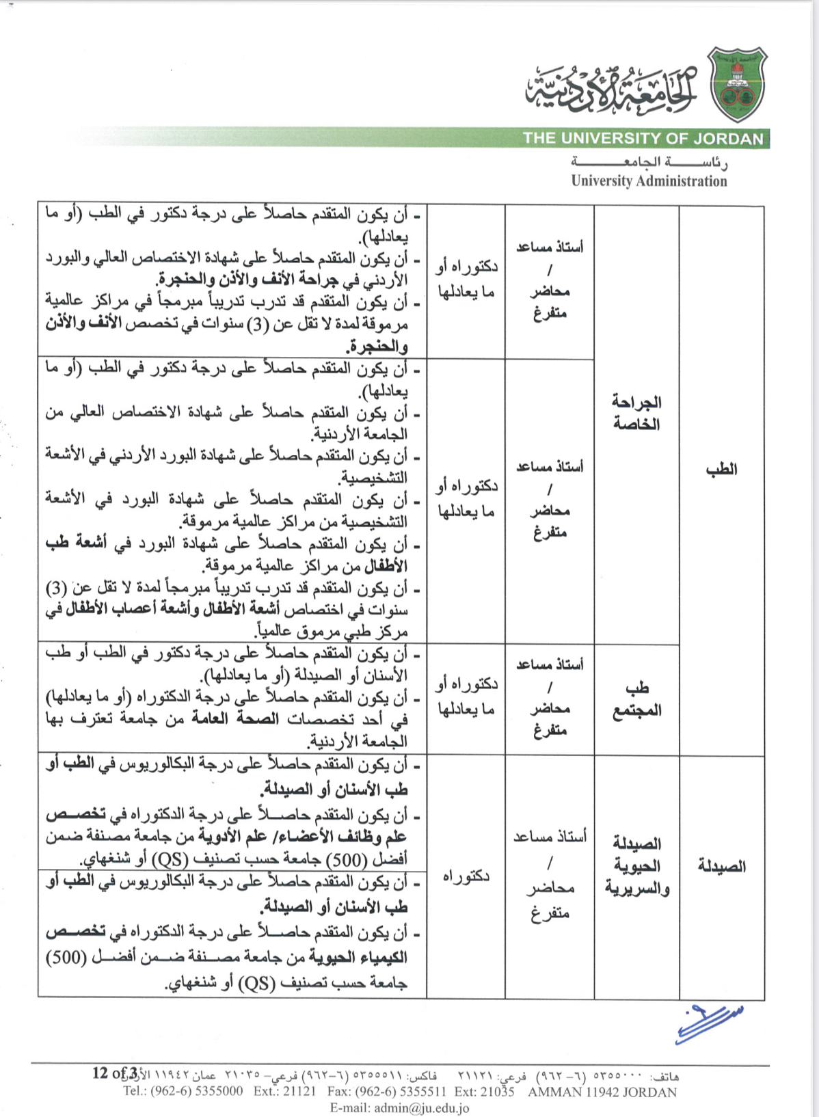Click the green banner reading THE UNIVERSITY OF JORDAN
tap(643, 138)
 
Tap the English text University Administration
tap(649, 181)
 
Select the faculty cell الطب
tap(721, 469)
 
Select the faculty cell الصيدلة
tap(721, 866)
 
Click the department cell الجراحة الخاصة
tap(636, 413)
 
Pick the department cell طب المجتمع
tap(636, 699)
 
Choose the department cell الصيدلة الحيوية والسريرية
tap(636, 866)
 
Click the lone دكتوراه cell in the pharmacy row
tap(466, 876)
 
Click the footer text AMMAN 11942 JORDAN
tap(602, 1092)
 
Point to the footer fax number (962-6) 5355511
tap(387, 1092)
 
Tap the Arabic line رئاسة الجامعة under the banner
tap(649, 163)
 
